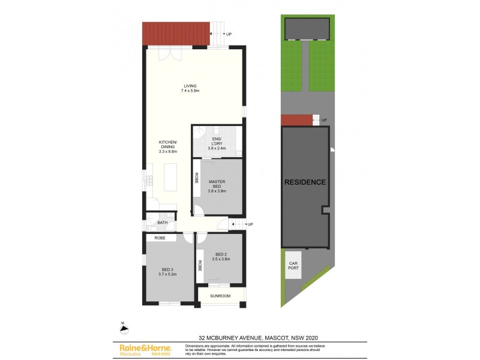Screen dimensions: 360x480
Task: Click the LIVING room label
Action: [190, 86]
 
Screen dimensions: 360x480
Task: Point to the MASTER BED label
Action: [216, 186]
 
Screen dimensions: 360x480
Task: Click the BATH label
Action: [163, 223]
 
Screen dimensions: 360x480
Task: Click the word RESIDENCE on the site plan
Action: [305, 182]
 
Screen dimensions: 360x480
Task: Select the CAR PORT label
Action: [293, 266]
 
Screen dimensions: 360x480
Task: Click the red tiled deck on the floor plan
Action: [176, 34]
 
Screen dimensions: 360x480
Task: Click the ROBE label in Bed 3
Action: [160, 238]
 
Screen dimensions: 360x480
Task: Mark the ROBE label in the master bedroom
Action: [196, 178]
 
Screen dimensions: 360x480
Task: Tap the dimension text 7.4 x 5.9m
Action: [190, 90]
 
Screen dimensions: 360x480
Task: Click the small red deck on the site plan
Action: [297, 121]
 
